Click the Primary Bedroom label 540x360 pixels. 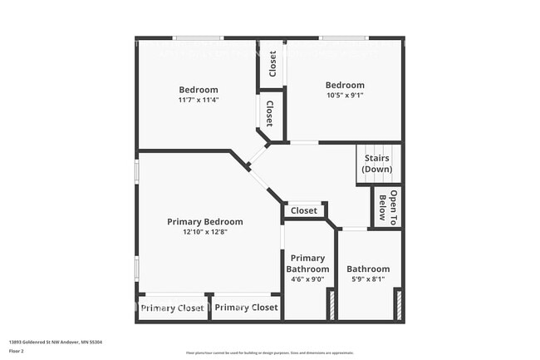pos(205,221)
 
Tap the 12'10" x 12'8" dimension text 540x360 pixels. pos(205,232)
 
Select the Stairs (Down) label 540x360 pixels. pos(376,163)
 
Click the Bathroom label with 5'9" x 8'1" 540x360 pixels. pos(368,269)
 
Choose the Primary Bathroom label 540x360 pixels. pos(307,264)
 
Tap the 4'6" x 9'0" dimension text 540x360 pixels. pos(307,280)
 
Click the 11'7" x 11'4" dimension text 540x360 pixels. pos(199,101)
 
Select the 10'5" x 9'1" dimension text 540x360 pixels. pos(345,96)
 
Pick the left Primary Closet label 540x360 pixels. pos(174,308)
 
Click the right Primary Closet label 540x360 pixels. pos(247,308)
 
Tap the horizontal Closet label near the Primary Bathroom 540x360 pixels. pos(305,211)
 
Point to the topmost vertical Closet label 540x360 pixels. pos(272,64)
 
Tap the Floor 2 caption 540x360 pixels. pos(17,351)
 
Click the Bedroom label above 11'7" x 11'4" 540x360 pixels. pos(199,90)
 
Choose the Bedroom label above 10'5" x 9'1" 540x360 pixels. pos(345,85)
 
